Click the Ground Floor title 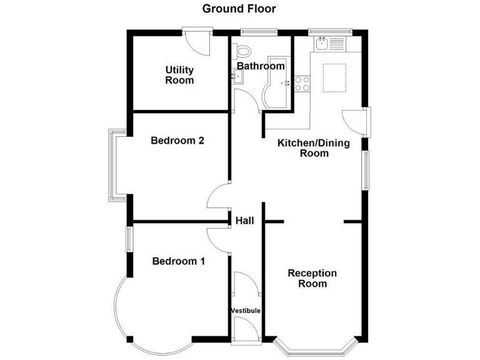click(239, 9)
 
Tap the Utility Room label click(179, 75)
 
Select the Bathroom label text click(261, 66)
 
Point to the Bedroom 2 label click(177, 141)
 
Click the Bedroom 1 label click(179, 261)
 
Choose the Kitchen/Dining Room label click(314, 148)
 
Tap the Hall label click(244, 220)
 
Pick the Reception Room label click(312, 279)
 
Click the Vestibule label click(246, 311)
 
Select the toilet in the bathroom click(244, 52)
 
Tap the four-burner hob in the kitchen click(302, 83)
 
